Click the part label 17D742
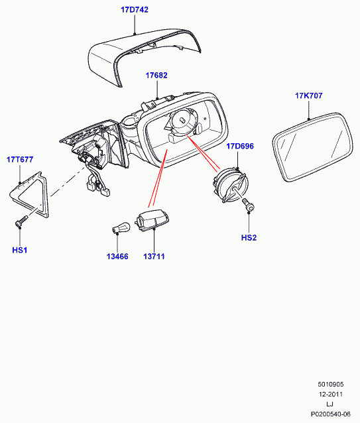coord(135,10)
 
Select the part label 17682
coord(156,76)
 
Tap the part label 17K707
coord(308,95)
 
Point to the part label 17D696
coord(240,147)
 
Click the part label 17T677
coord(20,159)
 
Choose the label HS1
coord(20,250)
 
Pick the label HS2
coord(249,237)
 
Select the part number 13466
coord(117,257)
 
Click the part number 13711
coord(154,257)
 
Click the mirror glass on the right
coord(312,147)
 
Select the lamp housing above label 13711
coord(152,219)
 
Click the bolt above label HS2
coord(248,204)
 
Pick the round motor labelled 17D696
coord(230,185)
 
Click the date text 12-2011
coord(331,394)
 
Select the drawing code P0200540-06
coord(331,414)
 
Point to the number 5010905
coord(331,384)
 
